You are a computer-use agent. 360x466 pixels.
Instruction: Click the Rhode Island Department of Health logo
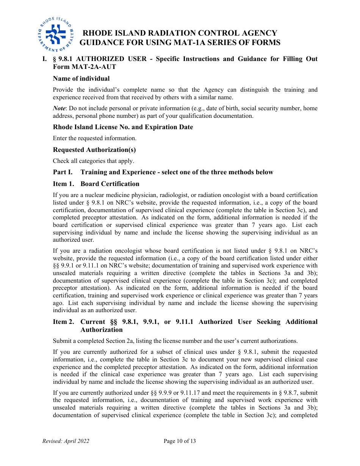pyautogui.click(x=55, y=34)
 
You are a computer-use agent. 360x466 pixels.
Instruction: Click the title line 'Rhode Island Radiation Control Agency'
pyautogui.click(x=180, y=33)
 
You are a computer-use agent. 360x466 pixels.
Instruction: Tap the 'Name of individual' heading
pyautogui.click(x=81, y=78)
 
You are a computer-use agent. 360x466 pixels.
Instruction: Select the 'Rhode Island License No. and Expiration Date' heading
pyautogui.click(x=123, y=127)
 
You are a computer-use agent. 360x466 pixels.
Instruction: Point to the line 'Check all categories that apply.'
pyautogui.click(x=93, y=161)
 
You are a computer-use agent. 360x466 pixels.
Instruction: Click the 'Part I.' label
pyautogui.click(x=63, y=172)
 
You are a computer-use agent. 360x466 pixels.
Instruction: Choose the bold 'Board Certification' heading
pyautogui.click(x=110, y=184)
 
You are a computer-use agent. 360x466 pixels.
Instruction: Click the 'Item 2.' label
pyautogui.click(x=63, y=322)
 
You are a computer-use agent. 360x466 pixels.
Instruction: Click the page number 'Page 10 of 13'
pyautogui.click(x=180, y=441)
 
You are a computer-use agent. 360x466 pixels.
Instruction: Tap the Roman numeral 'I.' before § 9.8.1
pyautogui.click(x=44, y=59)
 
